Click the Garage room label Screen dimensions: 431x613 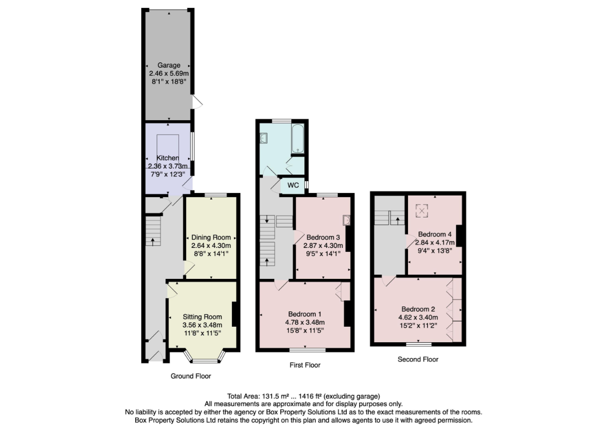[169, 65]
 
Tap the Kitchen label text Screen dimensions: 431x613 [167, 158]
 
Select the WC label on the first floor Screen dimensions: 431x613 [293, 186]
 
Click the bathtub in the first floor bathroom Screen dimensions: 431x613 [297, 138]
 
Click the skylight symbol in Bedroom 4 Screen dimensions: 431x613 [422, 212]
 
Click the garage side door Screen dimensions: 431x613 [198, 102]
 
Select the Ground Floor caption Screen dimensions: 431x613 [191, 376]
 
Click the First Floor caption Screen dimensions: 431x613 [305, 365]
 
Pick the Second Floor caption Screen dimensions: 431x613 [417, 359]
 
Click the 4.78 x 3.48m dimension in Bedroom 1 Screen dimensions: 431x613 [305, 322]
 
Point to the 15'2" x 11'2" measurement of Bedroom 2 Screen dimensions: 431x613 [418, 325]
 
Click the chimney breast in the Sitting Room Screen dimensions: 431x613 [234, 314]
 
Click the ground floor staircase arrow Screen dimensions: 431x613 [153, 241]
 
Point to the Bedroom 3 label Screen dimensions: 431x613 [323, 237]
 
